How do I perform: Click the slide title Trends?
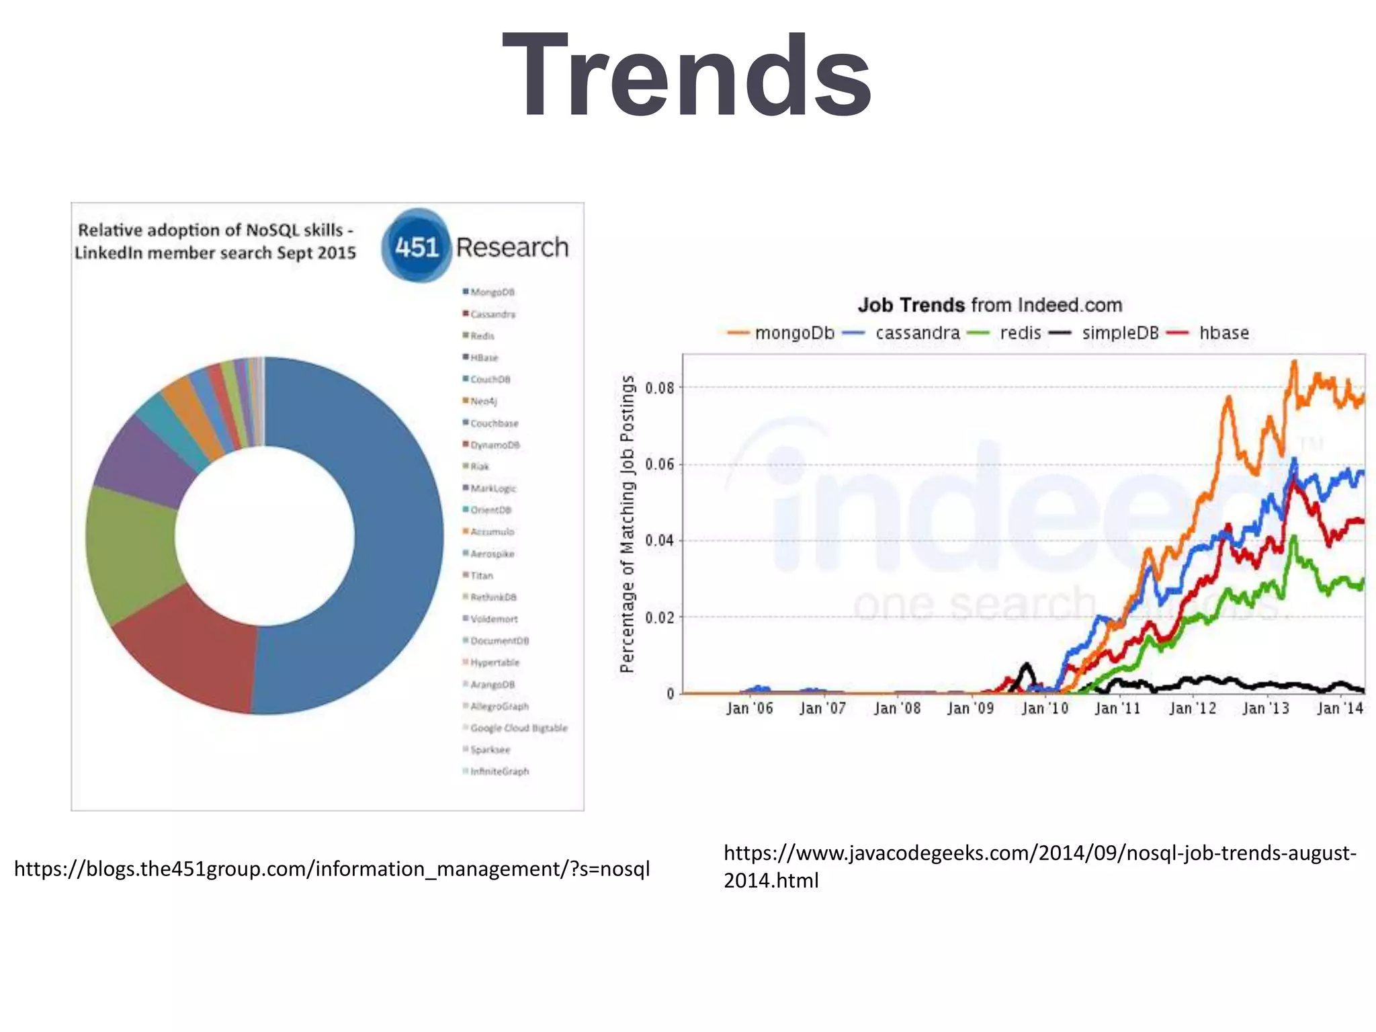pos(687,75)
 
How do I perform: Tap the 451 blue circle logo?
pos(416,247)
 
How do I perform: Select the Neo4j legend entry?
pos(483,401)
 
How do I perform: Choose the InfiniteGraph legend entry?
pos(499,771)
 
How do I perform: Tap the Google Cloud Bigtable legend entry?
pos(518,728)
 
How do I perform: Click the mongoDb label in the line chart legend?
pos(794,333)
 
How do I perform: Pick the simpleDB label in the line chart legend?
pos(1120,333)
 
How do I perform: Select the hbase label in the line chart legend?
pos(1223,333)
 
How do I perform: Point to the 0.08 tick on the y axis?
pos(659,388)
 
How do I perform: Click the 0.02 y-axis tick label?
pos(659,617)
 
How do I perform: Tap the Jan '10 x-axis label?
pos(1044,708)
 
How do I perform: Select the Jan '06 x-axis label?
pos(749,708)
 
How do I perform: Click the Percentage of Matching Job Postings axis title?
pos(627,524)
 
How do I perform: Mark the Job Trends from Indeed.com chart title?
pos(990,305)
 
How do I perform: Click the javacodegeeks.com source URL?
pos(1039,866)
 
